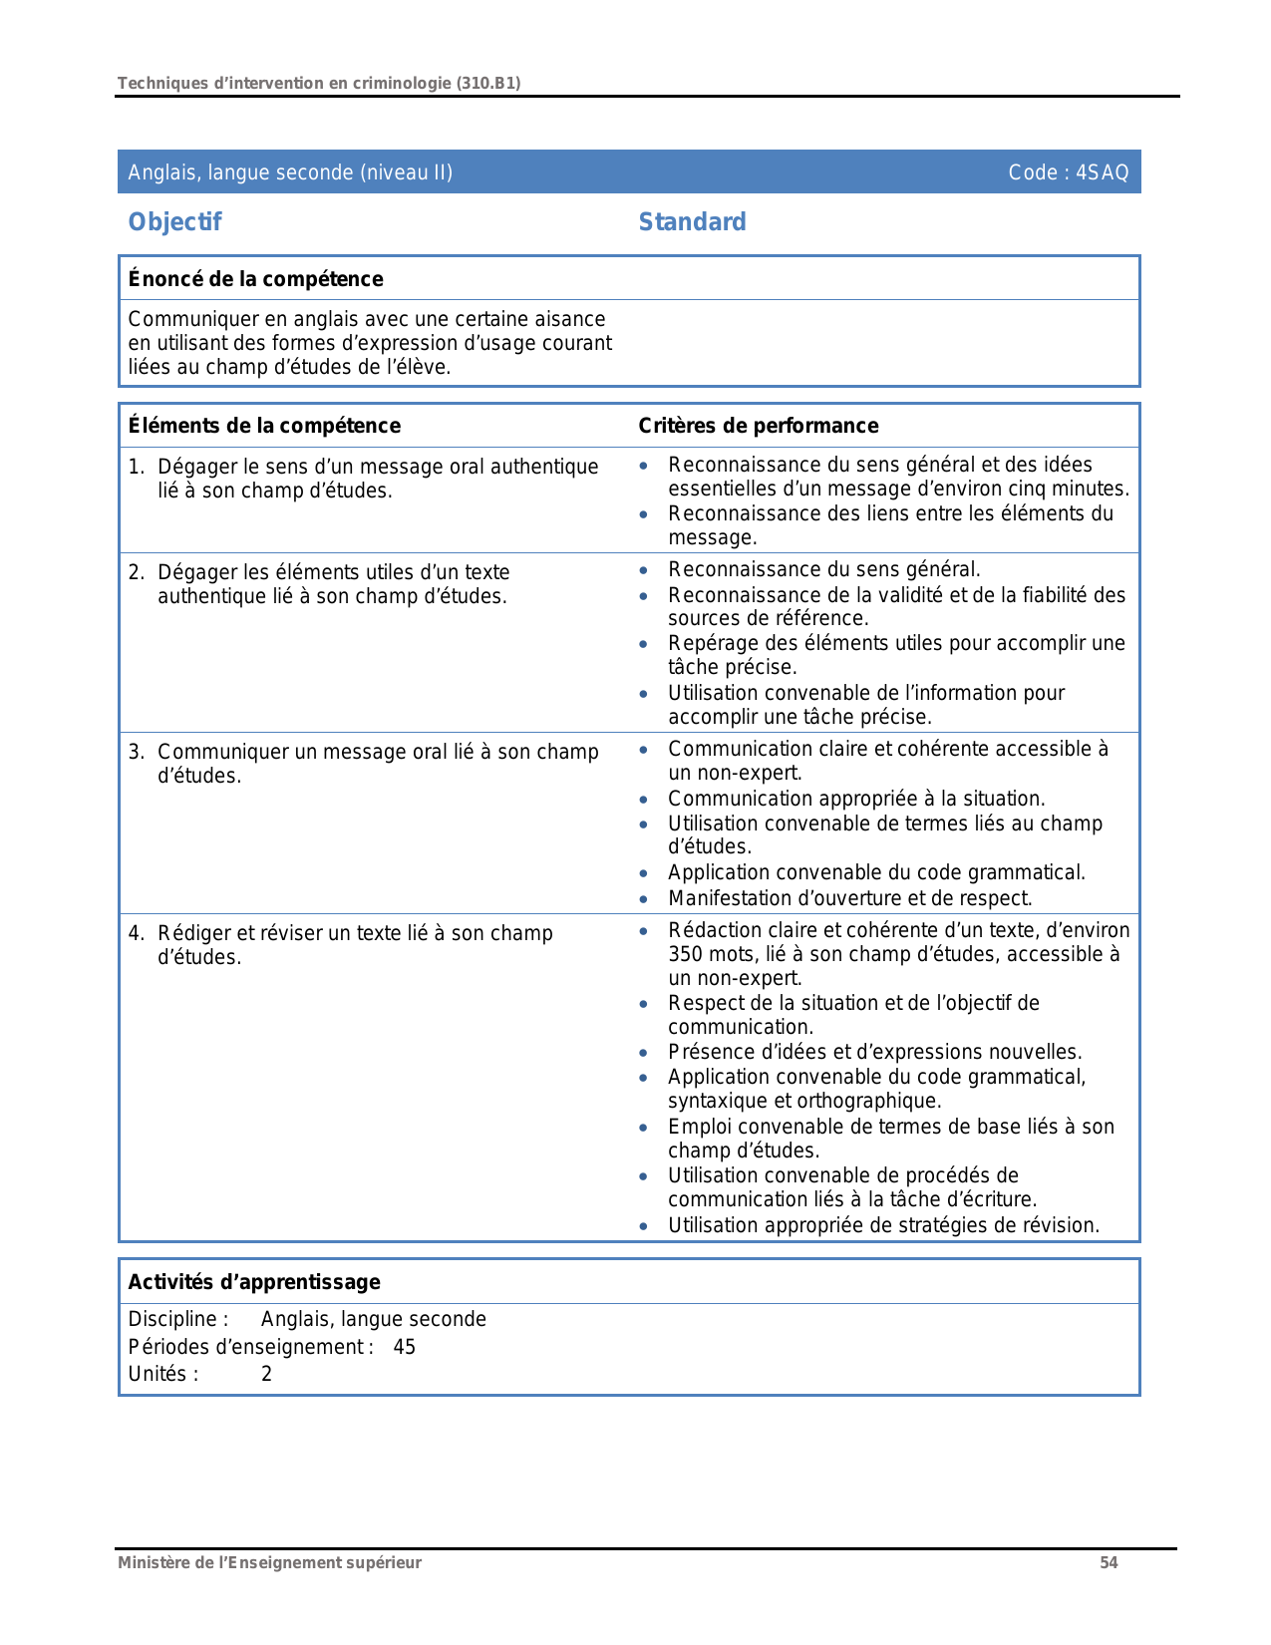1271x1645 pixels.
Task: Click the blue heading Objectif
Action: pos(174,222)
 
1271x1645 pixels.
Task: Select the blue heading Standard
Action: pos(692,222)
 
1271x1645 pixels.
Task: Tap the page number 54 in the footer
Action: pos(1109,1563)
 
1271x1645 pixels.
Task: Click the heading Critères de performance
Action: pos(758,426)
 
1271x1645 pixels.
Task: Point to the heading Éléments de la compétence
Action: pos(264,426)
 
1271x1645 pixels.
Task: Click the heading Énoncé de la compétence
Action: pos(255,279)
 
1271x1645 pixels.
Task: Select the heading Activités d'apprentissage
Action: pos(254,1282)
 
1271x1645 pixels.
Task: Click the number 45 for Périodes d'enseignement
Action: pos(404,1347)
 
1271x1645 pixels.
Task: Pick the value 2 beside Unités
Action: pos(266,1374)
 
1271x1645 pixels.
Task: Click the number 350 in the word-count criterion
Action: pos(686,954)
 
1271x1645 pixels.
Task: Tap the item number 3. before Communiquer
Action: pos(137,752)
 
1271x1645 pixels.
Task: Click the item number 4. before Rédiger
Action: pos(137,933)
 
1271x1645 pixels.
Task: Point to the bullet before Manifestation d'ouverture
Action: pos(644,898)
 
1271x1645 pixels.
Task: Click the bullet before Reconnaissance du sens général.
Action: pos(644,570)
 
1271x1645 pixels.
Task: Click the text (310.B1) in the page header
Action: pos(488,83)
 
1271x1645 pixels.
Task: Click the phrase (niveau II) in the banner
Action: pos(407,172)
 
